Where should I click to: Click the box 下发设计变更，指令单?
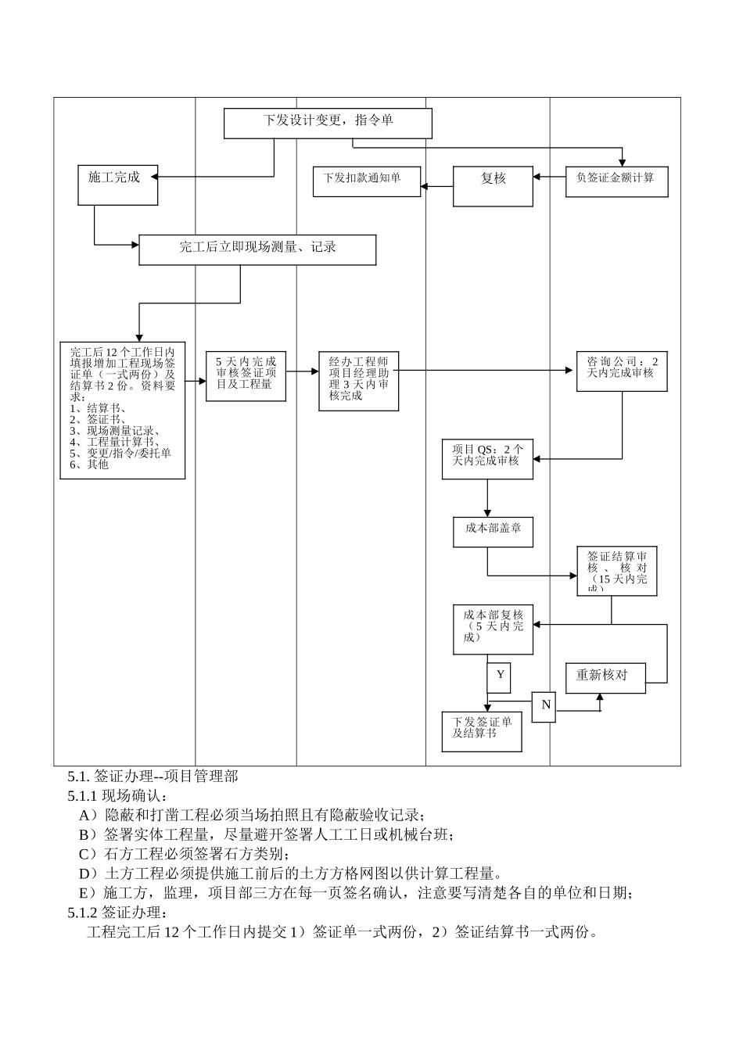(328, 123)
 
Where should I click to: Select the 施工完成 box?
(117, 185)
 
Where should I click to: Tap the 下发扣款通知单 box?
(366, 181)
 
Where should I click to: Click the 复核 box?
(493, 186)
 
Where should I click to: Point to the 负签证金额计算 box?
(616, 181)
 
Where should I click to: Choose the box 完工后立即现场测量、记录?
(257, 249)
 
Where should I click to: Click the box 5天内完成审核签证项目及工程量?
(246, 376)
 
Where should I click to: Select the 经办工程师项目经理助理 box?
(358, 381)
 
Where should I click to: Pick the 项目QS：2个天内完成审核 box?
(487, 459)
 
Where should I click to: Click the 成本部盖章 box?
(493, 531)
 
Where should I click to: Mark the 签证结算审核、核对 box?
(617, 571)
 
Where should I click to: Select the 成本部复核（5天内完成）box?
(493, 629)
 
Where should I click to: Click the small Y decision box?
(499, 677)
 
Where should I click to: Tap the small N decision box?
(544, 706)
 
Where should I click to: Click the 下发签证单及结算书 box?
(481, 731)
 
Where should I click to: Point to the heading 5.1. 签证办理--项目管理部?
(153, 777)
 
